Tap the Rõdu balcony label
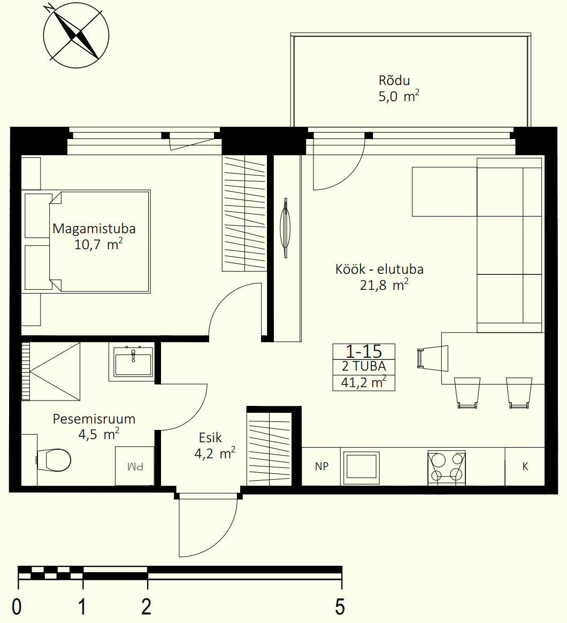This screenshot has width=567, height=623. tap(394, 81)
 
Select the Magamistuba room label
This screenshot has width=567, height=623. tap(94, 229)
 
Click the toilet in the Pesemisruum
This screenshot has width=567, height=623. tap(53, 460)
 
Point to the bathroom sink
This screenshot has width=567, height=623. tap(133, 362)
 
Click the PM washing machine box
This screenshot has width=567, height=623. tap(135, 466)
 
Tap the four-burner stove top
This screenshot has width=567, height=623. tap(447, 467)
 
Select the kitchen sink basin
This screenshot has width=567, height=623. tap(361, 467)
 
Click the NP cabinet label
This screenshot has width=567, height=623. tap(321, 466)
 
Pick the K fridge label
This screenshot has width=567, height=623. tap(525, 466)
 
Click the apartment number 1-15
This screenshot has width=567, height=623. tap(364, 351)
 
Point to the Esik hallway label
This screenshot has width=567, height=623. tap(210, 438)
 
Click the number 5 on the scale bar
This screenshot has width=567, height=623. tap(340, 607)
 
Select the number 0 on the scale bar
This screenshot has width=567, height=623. tap(17, 607)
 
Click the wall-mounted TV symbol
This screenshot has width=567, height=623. tap(285, 228)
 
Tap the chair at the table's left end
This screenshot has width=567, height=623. tap(433, 358)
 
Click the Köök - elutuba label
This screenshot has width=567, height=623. tap(379, 270)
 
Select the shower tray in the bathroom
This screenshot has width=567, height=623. tap(51, 372)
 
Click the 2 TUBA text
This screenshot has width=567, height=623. tap(364, 366)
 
